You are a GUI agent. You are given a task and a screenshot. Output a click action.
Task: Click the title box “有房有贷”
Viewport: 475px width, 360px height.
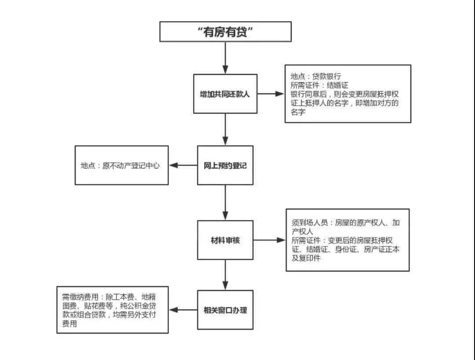coord(225,32)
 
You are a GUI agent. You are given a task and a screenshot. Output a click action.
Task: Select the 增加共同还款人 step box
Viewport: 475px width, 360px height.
coord(225,94)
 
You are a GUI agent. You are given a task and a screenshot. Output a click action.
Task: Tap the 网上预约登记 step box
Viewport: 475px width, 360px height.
coord(225,165)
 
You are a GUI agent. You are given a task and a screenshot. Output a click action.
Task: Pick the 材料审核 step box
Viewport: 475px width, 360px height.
coord(225,240)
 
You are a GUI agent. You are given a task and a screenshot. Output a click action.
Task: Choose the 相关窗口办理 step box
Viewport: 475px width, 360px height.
coord(225,310)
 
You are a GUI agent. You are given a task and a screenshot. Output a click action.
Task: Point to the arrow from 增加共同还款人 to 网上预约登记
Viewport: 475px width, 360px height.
coord(225,129)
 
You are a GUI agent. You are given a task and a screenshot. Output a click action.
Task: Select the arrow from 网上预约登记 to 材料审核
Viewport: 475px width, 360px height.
coord(225,202)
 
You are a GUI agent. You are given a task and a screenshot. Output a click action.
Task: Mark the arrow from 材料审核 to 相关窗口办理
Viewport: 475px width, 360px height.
coord(225,275)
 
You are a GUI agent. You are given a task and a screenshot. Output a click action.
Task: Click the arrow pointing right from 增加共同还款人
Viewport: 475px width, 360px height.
coord(271,94)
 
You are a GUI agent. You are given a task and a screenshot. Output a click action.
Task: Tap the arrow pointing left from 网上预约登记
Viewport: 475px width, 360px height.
coord(183,165)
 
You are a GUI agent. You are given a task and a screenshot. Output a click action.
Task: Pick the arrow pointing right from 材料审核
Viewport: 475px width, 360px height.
coord(269,240)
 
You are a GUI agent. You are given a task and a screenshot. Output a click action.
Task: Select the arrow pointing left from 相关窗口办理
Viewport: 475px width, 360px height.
coord(183,310)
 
